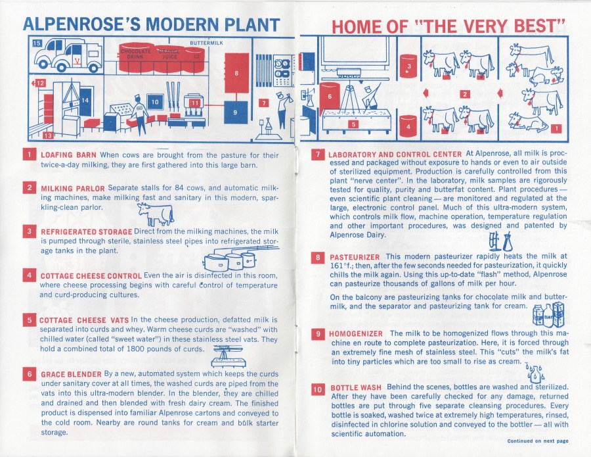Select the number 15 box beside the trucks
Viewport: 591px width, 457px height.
37,43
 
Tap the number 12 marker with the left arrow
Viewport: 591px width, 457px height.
39,84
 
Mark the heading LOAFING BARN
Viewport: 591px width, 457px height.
69,155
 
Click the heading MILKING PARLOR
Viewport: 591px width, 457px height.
73,189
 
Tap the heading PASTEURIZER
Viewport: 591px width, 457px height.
355,256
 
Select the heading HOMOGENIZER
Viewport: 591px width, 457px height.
357,334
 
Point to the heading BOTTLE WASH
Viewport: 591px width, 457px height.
356,388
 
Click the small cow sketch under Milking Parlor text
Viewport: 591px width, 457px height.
156,214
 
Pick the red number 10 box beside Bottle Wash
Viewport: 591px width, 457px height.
317,389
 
